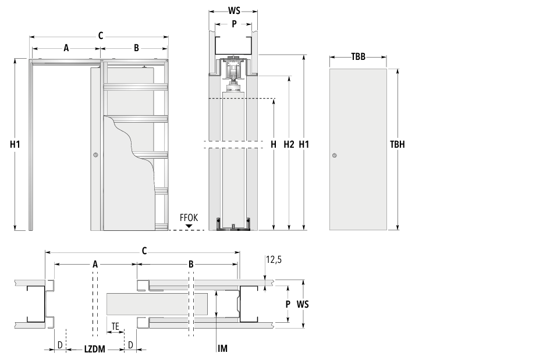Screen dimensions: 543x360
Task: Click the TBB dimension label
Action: pos(358,56)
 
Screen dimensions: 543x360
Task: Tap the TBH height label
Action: pos(397,144)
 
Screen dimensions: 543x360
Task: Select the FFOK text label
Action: pos(189,218)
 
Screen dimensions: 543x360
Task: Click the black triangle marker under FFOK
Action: pos(189,226)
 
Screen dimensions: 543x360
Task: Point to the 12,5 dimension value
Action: pos(274,259)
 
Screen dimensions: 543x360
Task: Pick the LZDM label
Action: pos(94,349)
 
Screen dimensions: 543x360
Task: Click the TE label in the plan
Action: pos(115,326)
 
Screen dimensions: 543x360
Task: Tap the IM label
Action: pos(223,348)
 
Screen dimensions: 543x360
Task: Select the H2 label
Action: pos(289,144)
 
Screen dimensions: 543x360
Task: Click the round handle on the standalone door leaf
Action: pos(334,155)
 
